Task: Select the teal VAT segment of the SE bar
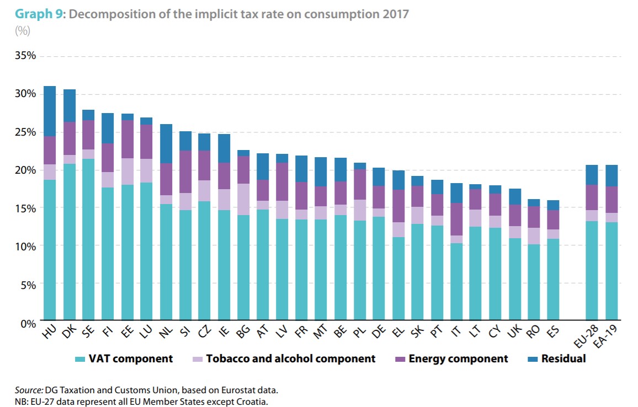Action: pyautogui.click(x=88, y=240)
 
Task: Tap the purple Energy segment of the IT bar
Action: pyautogui.click(x=456, y=219)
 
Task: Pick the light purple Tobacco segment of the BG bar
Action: pyautogui.click(x=243, y=199)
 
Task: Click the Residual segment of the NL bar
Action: pyautogui.click(x=166, y=143)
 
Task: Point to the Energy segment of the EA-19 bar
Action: pyautogui.click(x=611, y=200)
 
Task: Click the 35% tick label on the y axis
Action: pyautogui.click(x=25, y=56)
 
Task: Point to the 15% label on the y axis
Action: pyautogui.click(x=25, y=208)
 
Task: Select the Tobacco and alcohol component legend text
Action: pyautogui.click(x=290, y=359)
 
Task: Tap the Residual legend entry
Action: pyautogui.click(x=563, y=359)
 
